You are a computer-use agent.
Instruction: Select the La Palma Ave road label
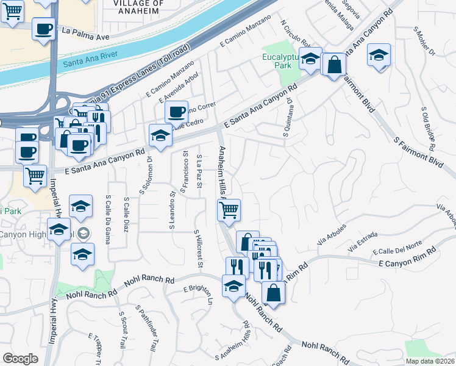85,37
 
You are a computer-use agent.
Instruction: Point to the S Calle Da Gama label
109,219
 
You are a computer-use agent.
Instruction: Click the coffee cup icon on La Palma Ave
44,29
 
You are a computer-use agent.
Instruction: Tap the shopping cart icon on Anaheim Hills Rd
229,210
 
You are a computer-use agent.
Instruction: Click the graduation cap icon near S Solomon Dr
160,136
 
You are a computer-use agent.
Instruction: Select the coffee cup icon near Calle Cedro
176,112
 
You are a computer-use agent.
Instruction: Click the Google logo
21,359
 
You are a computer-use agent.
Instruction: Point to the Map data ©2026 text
430,361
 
